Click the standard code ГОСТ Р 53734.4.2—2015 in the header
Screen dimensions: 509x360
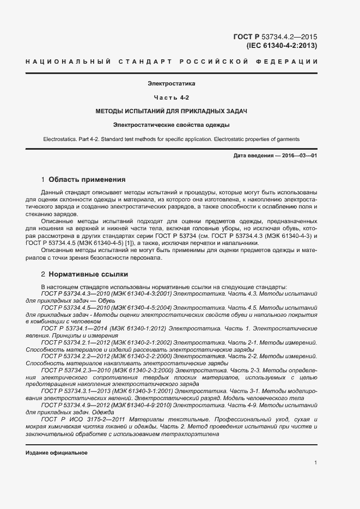[x=274, y=37]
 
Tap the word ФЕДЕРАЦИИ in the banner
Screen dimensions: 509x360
[x=289, y=62]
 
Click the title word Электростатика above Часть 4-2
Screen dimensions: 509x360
[x=171, y=84]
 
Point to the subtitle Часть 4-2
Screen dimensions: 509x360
[x=171, y=97]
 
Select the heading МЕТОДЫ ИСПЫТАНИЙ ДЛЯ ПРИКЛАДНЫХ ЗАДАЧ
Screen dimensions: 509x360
[x=171, y=111]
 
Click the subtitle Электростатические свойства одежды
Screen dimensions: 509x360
[x=171, y=125]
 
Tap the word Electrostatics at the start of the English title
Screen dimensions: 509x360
[x=60, y=140]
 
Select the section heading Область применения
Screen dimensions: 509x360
[x=87, y=179]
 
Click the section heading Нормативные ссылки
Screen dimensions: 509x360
[x=88, y=274]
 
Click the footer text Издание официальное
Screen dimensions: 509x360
[x=57, y=453]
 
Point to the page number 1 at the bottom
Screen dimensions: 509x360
[x=315, y=463]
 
